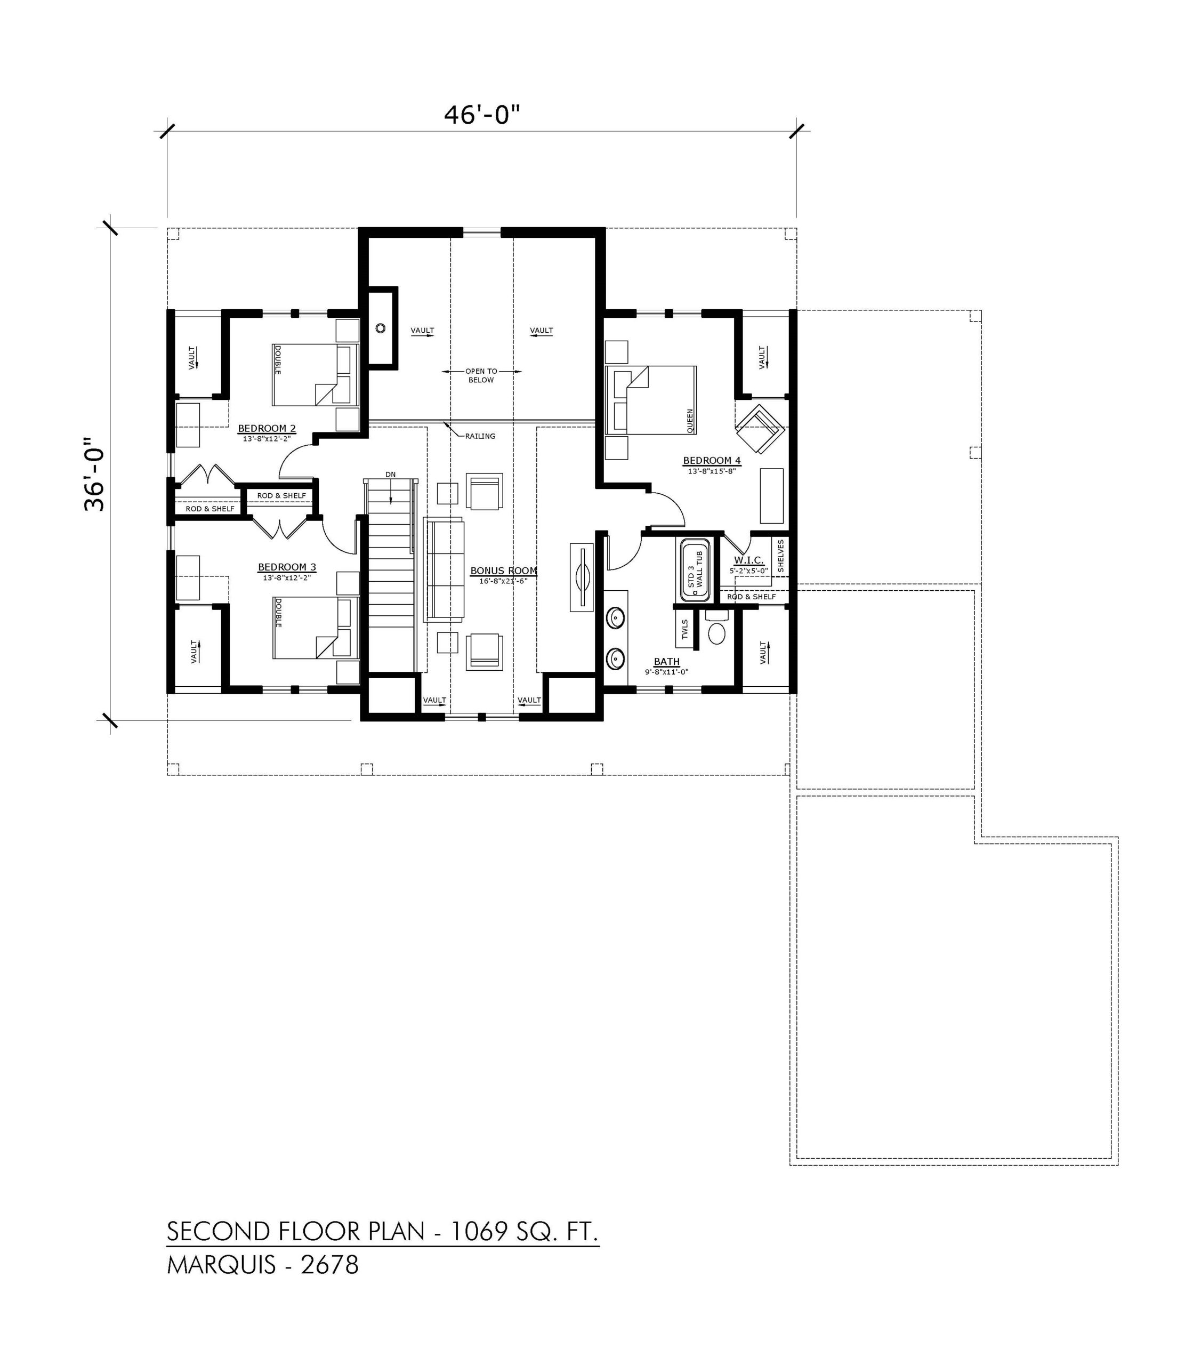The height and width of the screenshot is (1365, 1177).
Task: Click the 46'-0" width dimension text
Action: coord(482,115)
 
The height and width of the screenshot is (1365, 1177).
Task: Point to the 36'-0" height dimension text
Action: coord(95,475)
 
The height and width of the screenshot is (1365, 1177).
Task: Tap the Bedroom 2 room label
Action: coord(267,428)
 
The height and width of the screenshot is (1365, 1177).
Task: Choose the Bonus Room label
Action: coord(503,571)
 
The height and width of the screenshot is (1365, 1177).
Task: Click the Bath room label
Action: coord(666,661)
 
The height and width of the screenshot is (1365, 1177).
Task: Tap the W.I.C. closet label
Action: coord(749,560)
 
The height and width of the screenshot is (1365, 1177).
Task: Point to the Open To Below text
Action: coord(481,375)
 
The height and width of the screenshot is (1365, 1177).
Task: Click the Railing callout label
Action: coord(480,436)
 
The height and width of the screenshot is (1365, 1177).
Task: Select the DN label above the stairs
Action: coord(391,475)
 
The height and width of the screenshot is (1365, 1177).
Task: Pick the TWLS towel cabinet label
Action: coord(685,629)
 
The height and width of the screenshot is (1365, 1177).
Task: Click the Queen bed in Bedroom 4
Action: coord(651,400)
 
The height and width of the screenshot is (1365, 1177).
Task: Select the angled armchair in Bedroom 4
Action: coord(760,429)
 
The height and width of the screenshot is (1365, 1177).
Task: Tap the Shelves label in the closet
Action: coord(780,556)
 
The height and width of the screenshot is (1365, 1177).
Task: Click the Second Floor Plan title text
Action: coord(382,1231)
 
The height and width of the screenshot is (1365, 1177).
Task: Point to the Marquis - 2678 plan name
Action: coord(263,1265)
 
